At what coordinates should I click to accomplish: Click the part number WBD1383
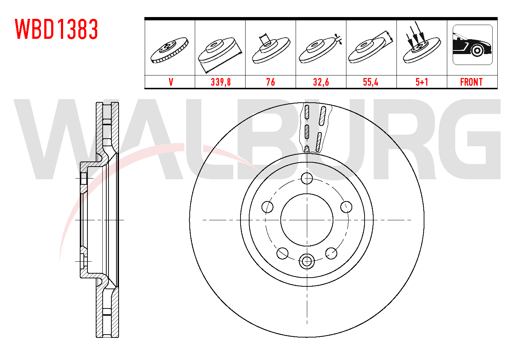tap(57, 29)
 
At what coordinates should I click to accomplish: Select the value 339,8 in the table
tap(221, 82)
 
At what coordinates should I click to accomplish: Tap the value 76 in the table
tap(271, 82)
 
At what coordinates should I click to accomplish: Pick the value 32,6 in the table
tap(321, 82)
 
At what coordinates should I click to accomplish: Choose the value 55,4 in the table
tap(371, 82)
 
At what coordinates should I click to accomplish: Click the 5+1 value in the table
tap(422, 82)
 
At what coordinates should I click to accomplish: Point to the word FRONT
tap(471, 82)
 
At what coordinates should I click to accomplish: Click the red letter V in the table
tap(171, 82)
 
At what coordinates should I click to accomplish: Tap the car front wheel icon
tap(473, 45)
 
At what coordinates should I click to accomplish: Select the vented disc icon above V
tap(169, 50)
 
